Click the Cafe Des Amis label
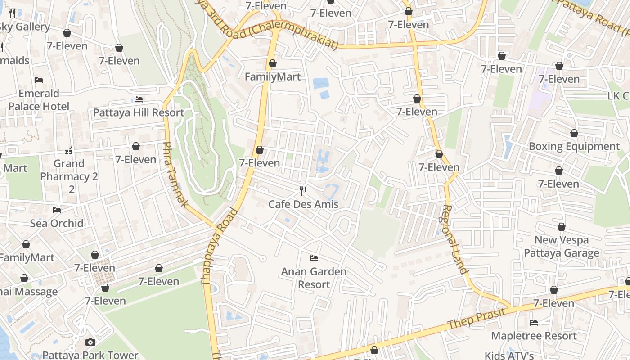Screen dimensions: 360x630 [303, 204]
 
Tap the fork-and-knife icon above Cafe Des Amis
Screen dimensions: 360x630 [303, 191]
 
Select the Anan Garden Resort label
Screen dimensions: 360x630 [314, 278]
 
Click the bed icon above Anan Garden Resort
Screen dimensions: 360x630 [314, 258]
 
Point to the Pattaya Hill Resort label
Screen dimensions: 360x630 [139, 112]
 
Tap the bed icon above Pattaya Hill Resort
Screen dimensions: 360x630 [139, 99]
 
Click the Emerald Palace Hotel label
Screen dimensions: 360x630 [39, 100]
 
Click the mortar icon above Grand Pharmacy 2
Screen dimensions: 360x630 [69, 150]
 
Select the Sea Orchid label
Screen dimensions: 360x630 [57, 223]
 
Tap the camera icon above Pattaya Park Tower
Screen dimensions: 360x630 [90, 342]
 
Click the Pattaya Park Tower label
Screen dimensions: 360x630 [90, 355]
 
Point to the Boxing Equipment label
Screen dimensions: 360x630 [574, 146]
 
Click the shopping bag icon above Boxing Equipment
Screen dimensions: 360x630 [574, 133]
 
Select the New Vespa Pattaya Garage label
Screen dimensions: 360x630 [561, 246]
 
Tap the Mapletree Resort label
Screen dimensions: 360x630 [534, 336]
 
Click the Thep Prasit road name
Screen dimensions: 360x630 [479, 317]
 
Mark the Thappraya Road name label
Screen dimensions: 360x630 [219, 247]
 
